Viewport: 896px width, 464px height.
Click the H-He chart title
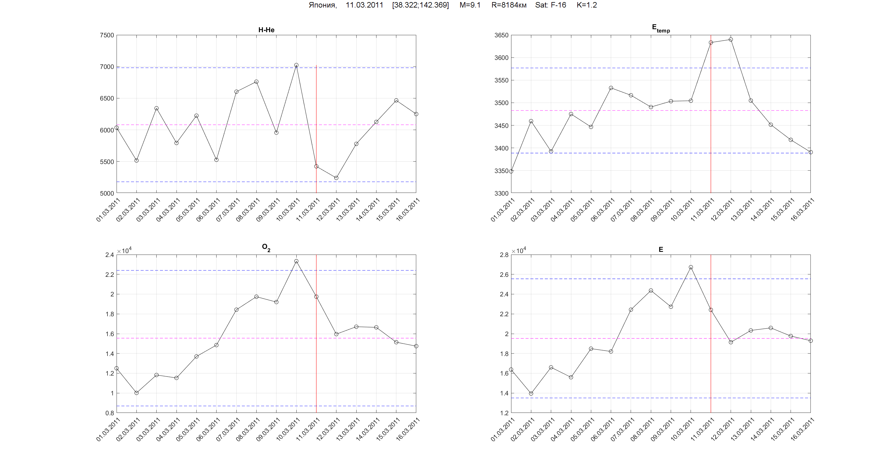pos(266,30)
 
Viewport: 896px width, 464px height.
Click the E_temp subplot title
pos(660,28)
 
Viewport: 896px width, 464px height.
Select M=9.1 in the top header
pos(470,5)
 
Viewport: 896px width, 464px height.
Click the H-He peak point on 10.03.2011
pos(296,65)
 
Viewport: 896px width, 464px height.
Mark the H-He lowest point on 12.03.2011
pos(336,178)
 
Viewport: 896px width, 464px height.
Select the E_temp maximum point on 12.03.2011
pos(731,40)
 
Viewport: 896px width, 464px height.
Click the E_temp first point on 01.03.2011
pos(511,171)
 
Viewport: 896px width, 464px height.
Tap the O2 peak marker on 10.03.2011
pos(296,261)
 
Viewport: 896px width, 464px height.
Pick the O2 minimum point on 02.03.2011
pos(136,393)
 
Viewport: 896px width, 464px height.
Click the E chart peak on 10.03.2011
pos(691,267)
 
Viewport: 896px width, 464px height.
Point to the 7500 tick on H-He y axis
pos(107,35)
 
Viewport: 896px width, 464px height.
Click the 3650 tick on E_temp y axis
pos(501,35)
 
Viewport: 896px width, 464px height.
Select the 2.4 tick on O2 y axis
pos(110,255)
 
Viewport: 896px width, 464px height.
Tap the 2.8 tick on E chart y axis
pos(504,255)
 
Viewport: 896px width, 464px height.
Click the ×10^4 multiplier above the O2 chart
pos(124,250)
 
